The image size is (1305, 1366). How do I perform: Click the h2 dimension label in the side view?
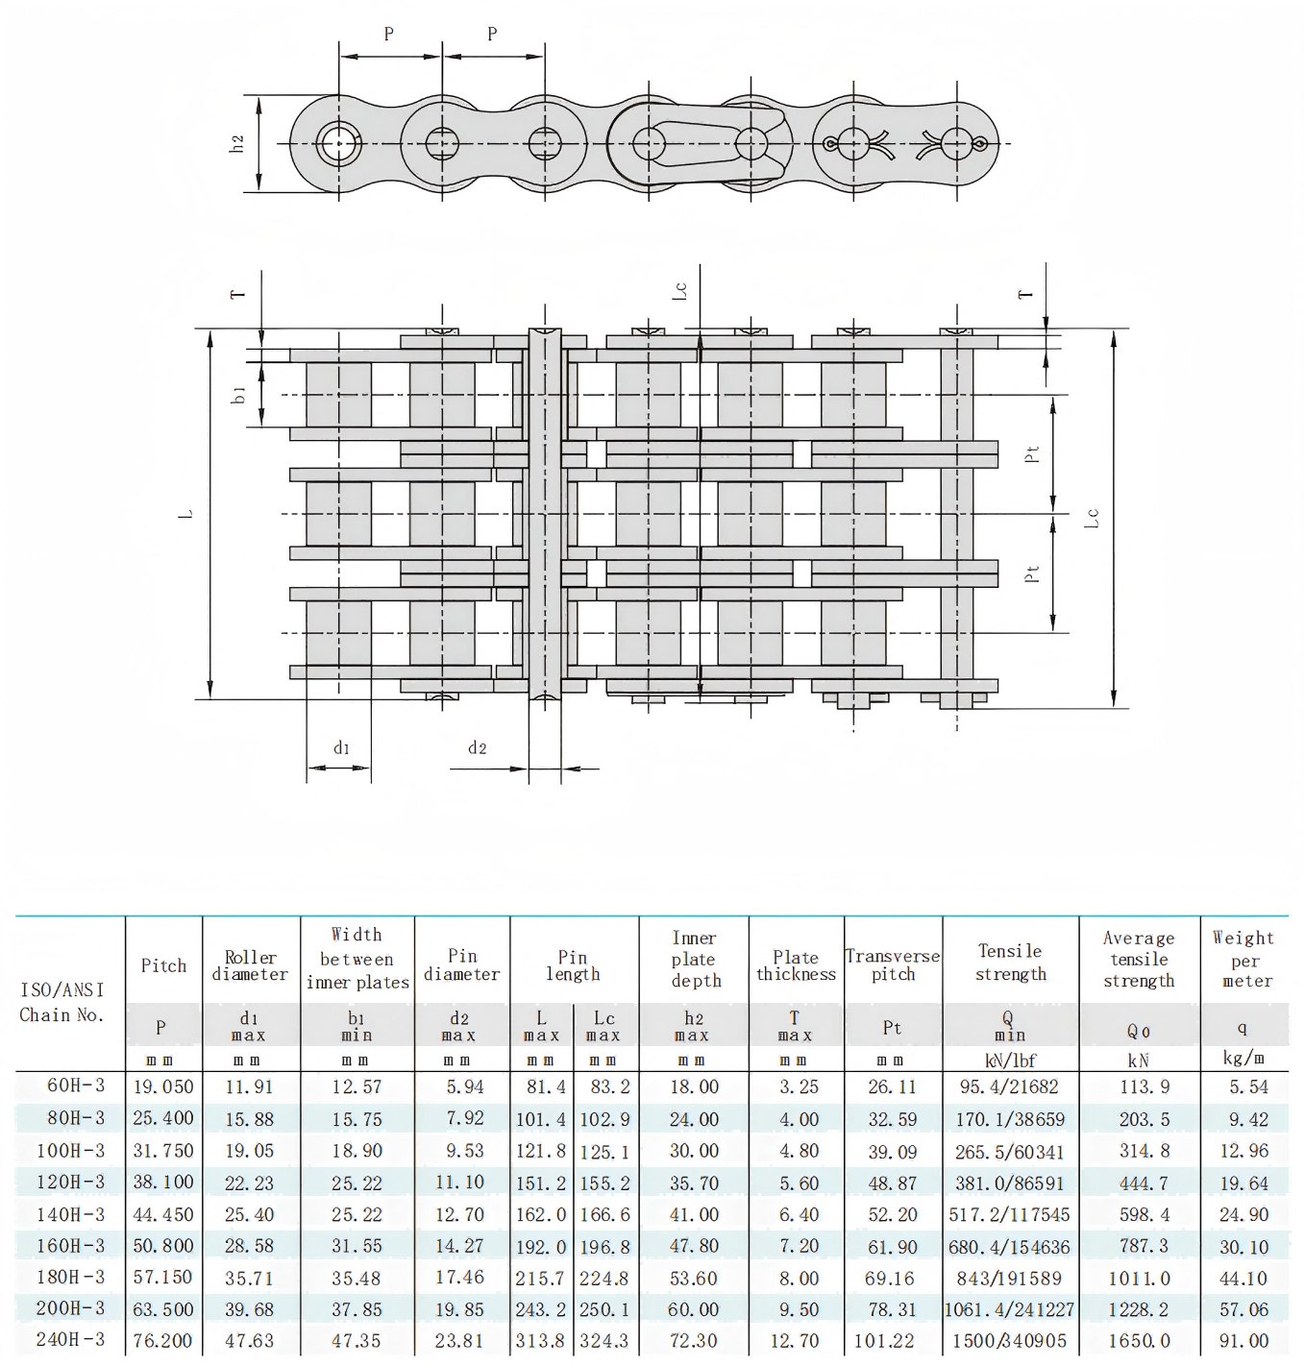point(238,143)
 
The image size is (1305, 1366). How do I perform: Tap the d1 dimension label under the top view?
point(341,748)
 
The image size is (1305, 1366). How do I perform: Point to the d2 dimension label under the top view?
point(478,747)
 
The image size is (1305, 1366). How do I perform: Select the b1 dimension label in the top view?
point(239,395)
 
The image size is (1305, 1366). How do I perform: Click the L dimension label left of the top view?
point(186,514)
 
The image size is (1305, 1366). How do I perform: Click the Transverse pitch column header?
point(893,964)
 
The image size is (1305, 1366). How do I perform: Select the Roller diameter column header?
point(250,965)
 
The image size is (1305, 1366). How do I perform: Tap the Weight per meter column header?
point(1243,959)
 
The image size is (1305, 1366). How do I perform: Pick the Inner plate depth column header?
point(695,959)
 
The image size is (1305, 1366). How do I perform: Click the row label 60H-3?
point(76,1085)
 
